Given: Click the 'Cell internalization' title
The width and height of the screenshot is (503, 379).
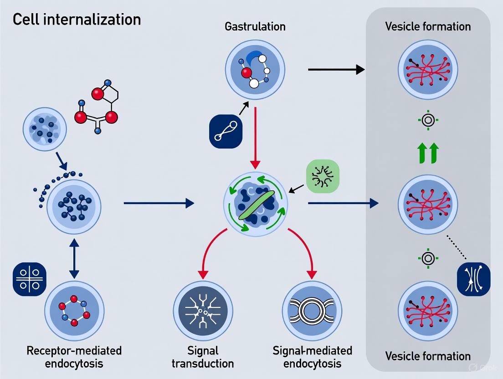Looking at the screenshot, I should tap(77, 20).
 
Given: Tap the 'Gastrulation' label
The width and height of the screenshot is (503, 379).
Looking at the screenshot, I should tap(255, 26).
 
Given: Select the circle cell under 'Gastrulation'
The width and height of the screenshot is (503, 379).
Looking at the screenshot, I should tap(255, 70).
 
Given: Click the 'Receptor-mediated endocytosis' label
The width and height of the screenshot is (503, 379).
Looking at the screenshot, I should tap(74, 357).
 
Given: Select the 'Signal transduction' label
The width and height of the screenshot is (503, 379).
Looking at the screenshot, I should tap(203, 357).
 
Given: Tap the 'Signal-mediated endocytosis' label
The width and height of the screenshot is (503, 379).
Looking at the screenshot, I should tap(313, 357).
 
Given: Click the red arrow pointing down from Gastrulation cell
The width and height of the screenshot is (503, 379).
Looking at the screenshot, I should tap(255, 137).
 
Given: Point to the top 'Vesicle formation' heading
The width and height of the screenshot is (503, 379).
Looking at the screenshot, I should tap(428, 26).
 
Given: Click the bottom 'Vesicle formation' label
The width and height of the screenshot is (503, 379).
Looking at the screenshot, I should tap(428, 356).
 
